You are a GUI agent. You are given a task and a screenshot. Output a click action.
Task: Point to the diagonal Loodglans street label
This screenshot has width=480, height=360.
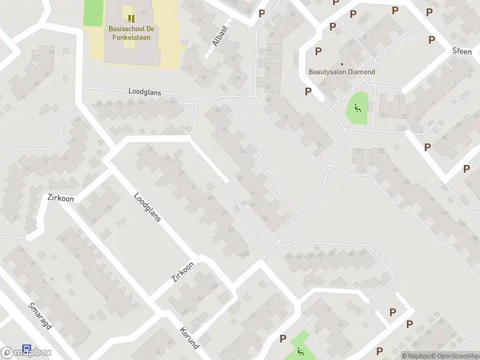coord(148,207)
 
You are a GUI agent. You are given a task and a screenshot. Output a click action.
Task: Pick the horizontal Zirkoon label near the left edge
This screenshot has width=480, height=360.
coord(60,197)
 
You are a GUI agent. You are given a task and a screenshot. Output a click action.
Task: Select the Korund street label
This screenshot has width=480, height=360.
coord(189,338)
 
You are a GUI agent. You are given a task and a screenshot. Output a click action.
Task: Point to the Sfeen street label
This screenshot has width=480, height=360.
coord(462,52)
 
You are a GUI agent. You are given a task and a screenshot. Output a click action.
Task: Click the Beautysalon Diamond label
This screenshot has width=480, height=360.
coord(341,72)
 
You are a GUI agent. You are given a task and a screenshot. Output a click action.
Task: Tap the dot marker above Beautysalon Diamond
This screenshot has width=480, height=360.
coord(342,64)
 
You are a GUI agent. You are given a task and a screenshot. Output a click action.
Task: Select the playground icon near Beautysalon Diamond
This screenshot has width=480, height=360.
coord(357,109)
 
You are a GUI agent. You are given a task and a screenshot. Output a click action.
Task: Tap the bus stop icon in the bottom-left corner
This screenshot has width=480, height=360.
coord(26,349)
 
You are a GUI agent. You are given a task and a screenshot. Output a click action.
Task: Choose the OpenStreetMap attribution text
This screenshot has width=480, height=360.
coord(455,356)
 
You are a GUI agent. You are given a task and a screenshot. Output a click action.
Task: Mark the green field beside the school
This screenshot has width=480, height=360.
coord(93,13)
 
